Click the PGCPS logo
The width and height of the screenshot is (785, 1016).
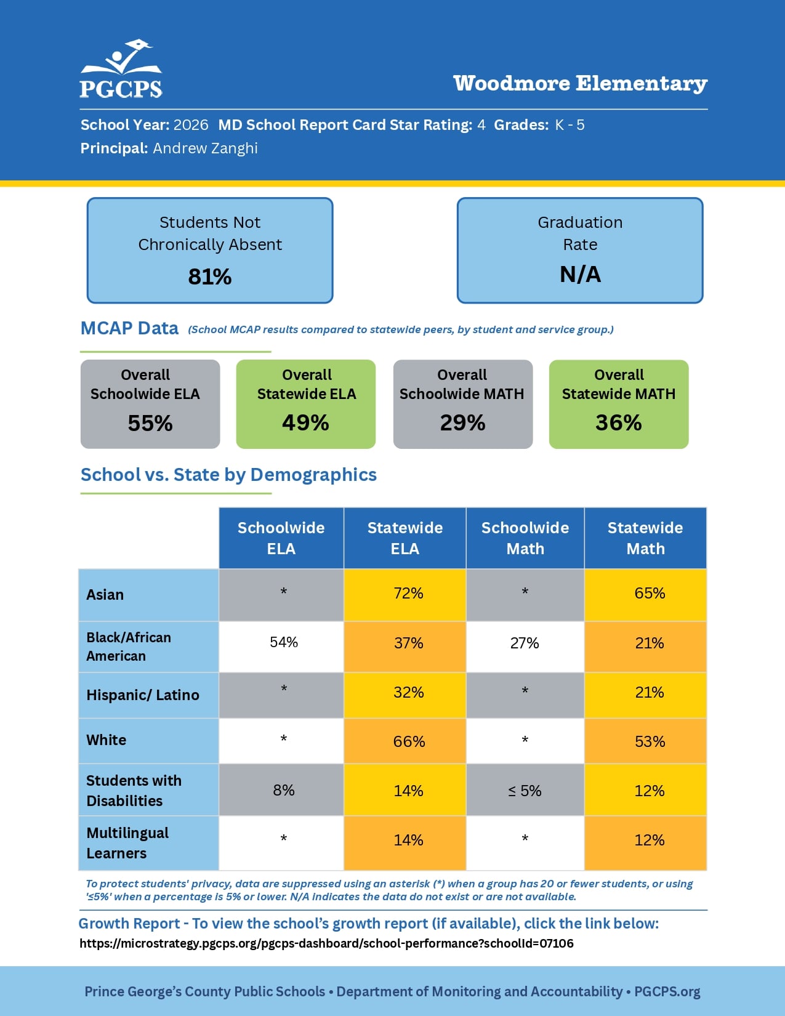pos(121,69)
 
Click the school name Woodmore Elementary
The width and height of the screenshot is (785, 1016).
pos(580,84)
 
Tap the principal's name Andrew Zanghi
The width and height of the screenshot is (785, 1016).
pos(205,148)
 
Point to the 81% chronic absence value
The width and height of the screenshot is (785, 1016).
pos(210,276)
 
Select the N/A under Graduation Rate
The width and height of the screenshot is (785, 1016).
pos(580,274)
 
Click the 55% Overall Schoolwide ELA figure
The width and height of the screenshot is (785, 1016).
pos(150,423)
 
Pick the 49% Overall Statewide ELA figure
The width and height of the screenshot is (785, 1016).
pos(306,422)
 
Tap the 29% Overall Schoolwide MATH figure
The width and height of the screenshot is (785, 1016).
pos(463,422)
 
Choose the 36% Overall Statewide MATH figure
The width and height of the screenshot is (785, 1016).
pos(619,422)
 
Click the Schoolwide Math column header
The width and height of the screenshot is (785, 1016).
pos(525,538)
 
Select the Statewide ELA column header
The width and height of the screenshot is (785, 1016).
pos(405,538)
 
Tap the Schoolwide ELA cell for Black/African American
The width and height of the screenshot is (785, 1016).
pos(281,647)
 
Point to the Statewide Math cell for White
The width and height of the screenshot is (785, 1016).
pos(646,741)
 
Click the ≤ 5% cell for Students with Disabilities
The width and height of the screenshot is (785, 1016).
pos(525,790)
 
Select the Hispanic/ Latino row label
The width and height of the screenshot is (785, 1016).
pos(143,695)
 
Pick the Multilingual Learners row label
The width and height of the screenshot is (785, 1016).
pos(127,843)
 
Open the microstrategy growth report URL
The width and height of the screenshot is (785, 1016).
pos(326,943)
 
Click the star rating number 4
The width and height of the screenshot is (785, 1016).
pos(481,125)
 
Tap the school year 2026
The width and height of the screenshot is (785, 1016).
pos(191,125)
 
